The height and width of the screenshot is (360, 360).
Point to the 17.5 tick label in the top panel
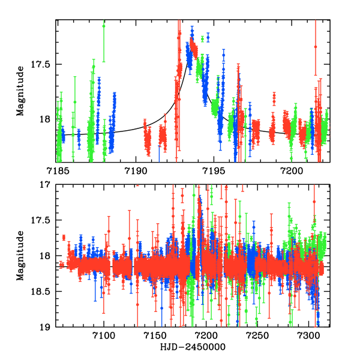click(41, 64)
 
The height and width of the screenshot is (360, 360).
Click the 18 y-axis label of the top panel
click(46, 119)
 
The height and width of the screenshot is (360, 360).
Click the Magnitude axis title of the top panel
click(20, 91)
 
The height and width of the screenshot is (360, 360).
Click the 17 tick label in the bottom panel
click(46, 185)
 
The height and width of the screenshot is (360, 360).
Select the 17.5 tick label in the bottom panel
click(41, 220)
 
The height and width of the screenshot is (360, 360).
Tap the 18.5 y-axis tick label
click(41, 292)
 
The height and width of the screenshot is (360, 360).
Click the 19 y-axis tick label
click(46, 327)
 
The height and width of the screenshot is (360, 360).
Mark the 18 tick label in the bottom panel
click(46, 256)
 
